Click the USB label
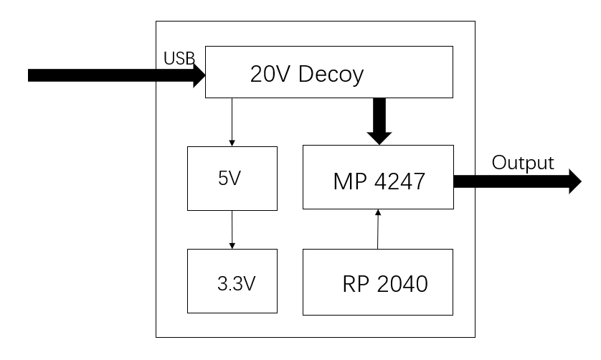tap(179, 58)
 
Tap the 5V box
tap(232, 179)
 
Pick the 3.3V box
tap(232, 282)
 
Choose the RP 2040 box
tap(378, 282)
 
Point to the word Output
tap(523, 163)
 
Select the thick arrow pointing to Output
tap(513, 181)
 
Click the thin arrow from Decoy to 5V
tap(232, 122)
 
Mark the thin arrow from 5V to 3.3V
tap(232, 229)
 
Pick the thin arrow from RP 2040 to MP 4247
tap(377, 229)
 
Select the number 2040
tap(402, 284)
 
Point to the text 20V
tap(267, 73)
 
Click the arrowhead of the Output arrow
tap(574, 181)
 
